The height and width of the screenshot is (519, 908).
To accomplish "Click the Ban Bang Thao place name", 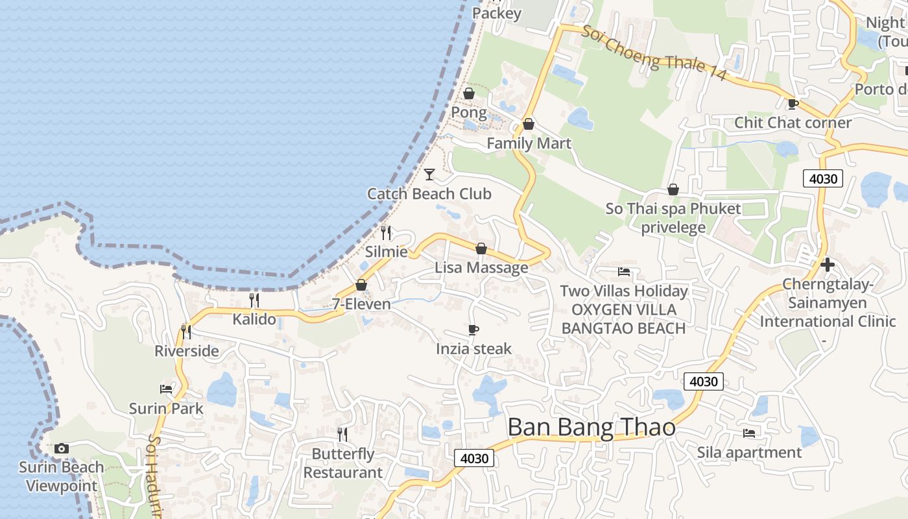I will (591, 428).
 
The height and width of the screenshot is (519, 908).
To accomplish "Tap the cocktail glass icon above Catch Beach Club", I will (429, 174).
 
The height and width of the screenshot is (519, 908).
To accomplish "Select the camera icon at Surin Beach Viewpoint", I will (62, 448).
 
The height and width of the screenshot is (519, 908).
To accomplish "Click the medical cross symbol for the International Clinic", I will (827, 265).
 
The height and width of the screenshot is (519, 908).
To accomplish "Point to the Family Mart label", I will (529, 143).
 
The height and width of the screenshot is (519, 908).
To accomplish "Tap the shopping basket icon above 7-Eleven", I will (361, 285).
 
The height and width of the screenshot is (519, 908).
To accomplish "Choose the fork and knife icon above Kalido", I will (254, 300).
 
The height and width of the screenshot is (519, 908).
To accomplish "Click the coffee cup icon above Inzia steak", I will (473, 330).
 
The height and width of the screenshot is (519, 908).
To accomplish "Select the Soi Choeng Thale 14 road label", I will (653, 53).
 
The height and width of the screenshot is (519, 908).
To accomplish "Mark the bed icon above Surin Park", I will (166, 389).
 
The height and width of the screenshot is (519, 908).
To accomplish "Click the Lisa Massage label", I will (481, 267).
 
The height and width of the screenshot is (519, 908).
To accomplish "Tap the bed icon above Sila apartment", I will (749, 433).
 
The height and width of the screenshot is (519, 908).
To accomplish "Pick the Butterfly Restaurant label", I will (343, 463).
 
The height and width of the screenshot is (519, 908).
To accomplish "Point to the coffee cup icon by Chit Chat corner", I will (793, 104).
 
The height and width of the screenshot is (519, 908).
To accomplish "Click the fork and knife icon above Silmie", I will (387, 232).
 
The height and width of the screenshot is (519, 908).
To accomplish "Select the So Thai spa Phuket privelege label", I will (673, 218).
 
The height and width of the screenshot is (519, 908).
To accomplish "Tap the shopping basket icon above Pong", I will (469, 93).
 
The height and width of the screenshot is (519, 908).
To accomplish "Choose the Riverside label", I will (186, 351).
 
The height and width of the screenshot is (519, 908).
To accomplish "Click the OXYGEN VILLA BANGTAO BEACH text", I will (623, 319).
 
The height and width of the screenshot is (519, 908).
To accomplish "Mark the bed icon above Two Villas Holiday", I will (624, 272).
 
